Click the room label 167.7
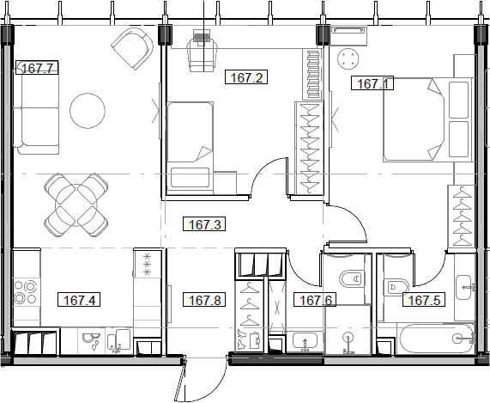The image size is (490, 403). tap(37, 68)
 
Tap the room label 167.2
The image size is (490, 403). tap(246, 77)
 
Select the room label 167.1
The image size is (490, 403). tap(372, 83)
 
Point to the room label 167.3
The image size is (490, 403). tap(204, 224)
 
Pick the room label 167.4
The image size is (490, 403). tap(79, 300)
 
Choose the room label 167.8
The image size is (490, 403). tap(204, 300)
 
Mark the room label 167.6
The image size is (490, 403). tap(315, 300)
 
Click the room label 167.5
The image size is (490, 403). tap(424, 300)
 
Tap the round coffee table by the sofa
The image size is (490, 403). tap(88, 111)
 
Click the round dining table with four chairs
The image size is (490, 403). tap(76, 205)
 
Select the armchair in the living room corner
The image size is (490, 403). tap(132, 48)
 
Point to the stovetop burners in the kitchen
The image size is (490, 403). tap(26, 292)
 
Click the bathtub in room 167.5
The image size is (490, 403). tap(436, 339)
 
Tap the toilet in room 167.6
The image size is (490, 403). tap(351, 278)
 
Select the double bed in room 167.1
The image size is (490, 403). tap(427, 119)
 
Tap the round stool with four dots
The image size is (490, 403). tap(348, 59)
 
